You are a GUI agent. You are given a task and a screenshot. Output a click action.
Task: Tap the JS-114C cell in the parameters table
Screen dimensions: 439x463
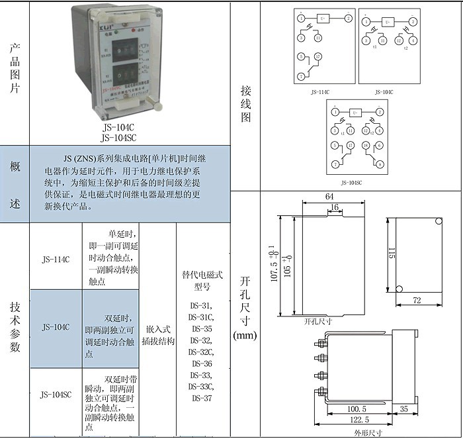coord(56,259)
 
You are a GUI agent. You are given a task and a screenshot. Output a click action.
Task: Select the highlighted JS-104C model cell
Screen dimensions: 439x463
coord(56,327)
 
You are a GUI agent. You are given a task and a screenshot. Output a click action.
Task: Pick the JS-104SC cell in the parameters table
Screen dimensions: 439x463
coord(56,395)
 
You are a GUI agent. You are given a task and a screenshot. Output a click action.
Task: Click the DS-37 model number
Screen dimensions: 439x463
coord(202,399)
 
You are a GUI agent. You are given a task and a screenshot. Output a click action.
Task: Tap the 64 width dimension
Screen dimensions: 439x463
coord(329,197)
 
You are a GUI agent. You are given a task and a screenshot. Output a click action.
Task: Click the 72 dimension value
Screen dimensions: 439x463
coord(417,301)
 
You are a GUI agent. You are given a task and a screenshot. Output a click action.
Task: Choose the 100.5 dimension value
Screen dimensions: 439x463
coord(357,409)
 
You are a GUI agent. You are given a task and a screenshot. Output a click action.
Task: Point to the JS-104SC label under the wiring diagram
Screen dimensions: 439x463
coord(351,182)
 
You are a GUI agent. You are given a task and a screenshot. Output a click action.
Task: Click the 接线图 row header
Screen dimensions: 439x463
coord(245,102)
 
